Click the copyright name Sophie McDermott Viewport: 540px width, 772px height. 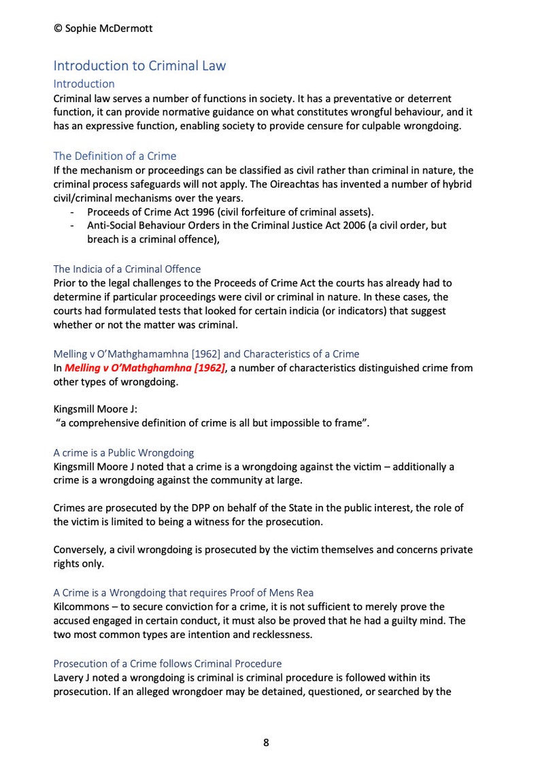click(108, 28)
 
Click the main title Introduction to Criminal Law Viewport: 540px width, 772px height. click(139, 66)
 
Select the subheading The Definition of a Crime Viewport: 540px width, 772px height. click(114, 156)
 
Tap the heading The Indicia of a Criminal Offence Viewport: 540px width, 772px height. click(126, 269)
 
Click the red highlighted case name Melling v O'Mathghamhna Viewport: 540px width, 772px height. click(144, 368)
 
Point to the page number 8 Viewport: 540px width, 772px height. click(266, 742)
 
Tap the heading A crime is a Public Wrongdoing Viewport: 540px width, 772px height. click(123, 452)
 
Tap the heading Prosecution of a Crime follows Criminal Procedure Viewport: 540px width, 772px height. click(167, 663)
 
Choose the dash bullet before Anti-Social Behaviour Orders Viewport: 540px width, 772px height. click(72, 225)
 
